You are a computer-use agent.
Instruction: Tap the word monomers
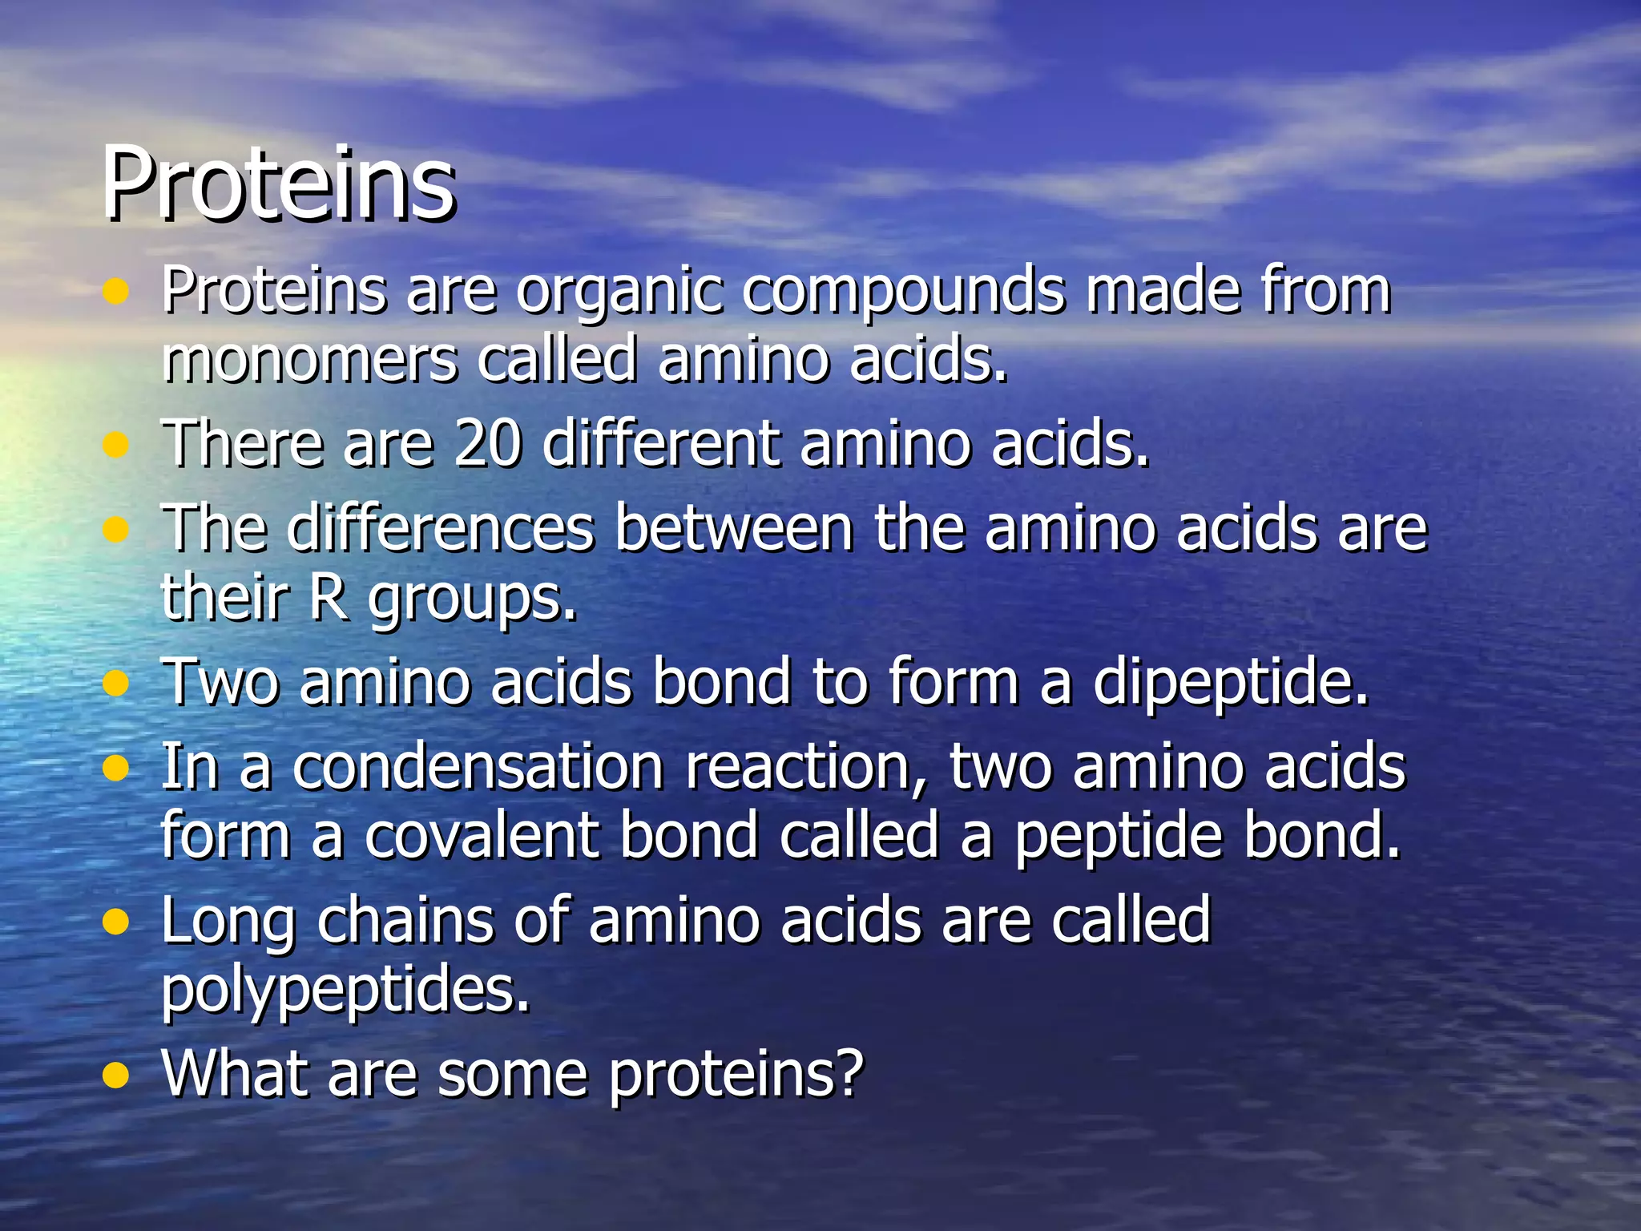tap(308, 360)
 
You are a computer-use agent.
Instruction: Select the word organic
tap(619, 290)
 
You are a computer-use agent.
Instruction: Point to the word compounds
tap(903, 290)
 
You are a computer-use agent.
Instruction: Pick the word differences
tap(441, 528)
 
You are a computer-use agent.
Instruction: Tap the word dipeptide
tap(1230, 682)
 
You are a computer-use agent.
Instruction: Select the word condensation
tap(478, 767)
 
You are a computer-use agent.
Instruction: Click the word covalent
tap(482, 836)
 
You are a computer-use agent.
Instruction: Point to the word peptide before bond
tap(1119, 836)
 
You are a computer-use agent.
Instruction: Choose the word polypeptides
tap(346, 990)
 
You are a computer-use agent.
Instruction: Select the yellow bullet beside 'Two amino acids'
tap(116, 684)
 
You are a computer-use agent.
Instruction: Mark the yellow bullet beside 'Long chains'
tap(116, 922)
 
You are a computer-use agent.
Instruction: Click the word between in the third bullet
tap(734, 528)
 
